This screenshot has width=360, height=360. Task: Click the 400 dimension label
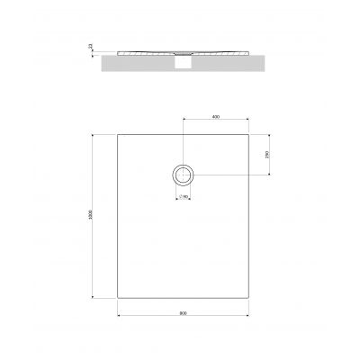tap(215, 118)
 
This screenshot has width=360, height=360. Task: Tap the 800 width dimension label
tap(183, 312)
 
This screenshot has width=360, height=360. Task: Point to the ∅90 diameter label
tap(183, 196)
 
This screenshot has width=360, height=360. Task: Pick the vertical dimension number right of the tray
tap(267, 155)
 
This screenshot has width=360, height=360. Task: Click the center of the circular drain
tap(183, 175)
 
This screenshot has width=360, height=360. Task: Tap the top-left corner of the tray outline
tap(118, 134)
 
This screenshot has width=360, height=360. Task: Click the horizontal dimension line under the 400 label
tap(215, 121)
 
